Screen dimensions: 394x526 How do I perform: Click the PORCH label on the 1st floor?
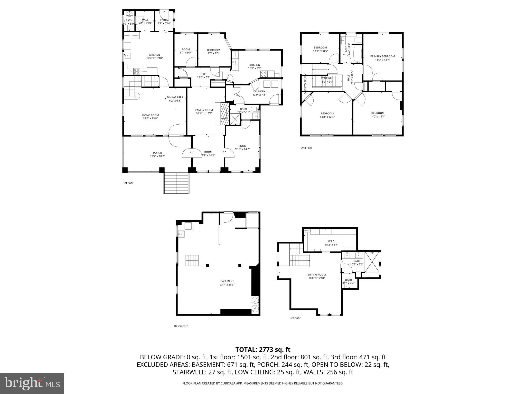tap(157, 153)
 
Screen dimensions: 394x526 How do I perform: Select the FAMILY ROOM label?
tap(204, 110)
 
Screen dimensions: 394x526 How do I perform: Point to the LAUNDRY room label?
tap(259, 91)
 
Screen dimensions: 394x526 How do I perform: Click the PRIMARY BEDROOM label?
tap(382, 56)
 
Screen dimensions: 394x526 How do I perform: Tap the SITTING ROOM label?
tap(316, 274)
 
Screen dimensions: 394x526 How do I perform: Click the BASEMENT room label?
tap(227, 281)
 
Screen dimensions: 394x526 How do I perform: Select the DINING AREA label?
tap(175, 97)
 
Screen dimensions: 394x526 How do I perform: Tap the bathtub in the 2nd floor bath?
tap(358, 54)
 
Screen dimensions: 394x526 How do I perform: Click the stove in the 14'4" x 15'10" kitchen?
tap(137, 71)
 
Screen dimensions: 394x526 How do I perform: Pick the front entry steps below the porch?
tap(176, 183)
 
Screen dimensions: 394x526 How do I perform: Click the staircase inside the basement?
tap(192, 261)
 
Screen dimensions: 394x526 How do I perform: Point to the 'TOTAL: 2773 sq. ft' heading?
tap(263, 349)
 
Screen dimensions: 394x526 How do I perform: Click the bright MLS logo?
tap(32, 383)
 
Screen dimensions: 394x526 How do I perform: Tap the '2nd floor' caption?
tap(307, 148)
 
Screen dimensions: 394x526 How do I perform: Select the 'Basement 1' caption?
tap(181, 326)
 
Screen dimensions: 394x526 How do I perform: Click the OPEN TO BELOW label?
tap(305, 84)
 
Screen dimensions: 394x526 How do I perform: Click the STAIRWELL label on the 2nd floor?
tap(327, 78)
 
